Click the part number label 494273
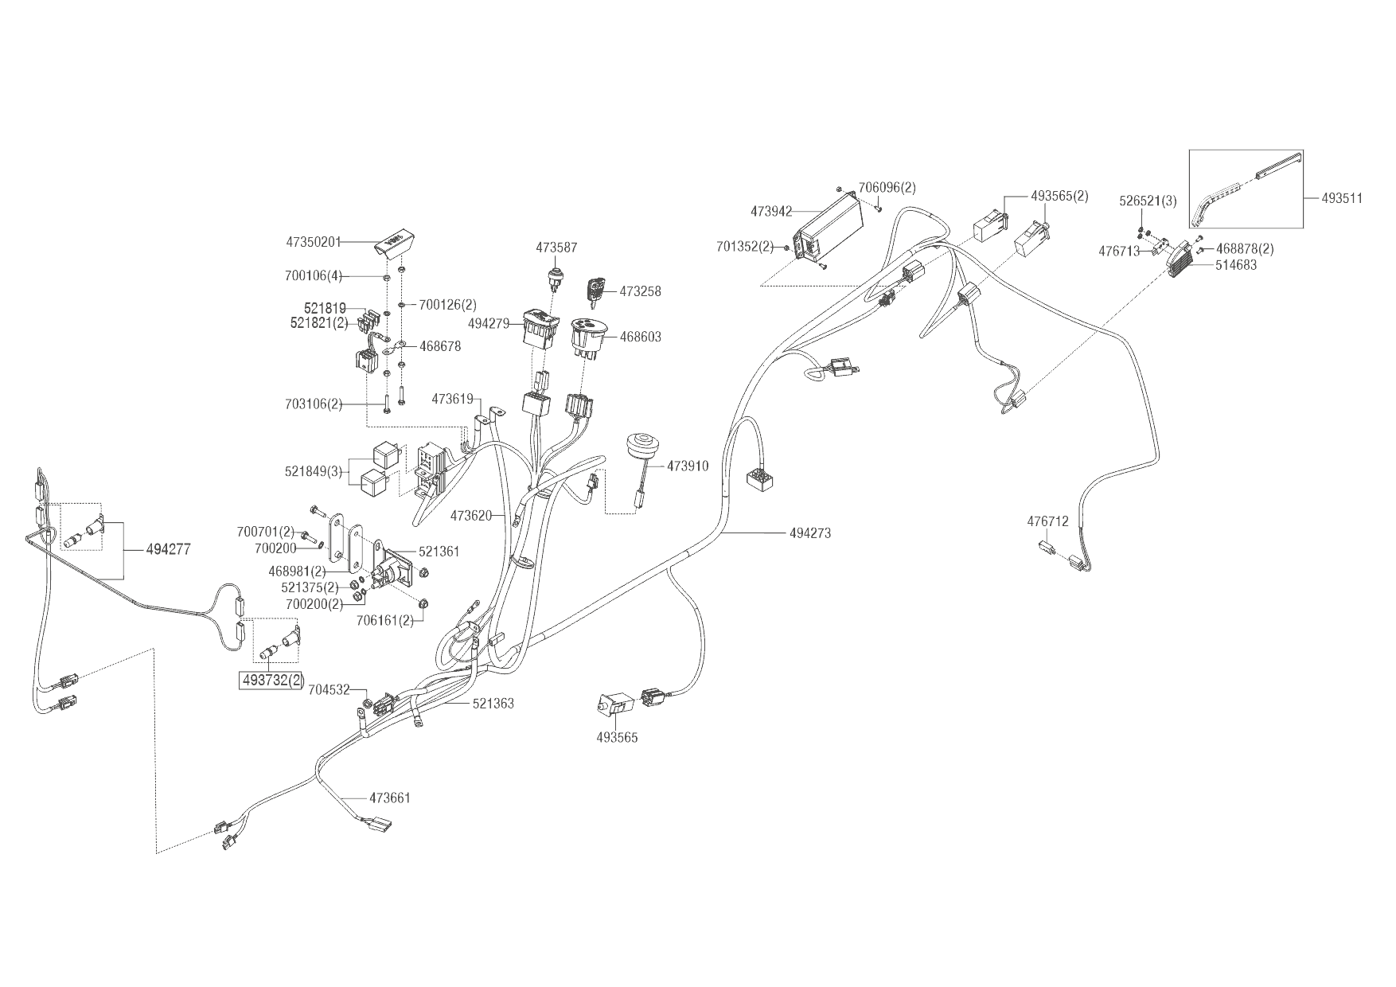(809, 533)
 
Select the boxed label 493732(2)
(272, 681)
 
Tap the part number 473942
(771, 212)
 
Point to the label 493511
(1342, 198)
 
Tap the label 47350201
(313, 242)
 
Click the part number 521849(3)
(313, 471)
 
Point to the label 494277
(168, 549)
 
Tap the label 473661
(389, 798)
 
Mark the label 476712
(1047, 522)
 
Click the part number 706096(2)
(887, 188)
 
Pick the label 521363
(493, 704)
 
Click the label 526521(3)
(1148, 201)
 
